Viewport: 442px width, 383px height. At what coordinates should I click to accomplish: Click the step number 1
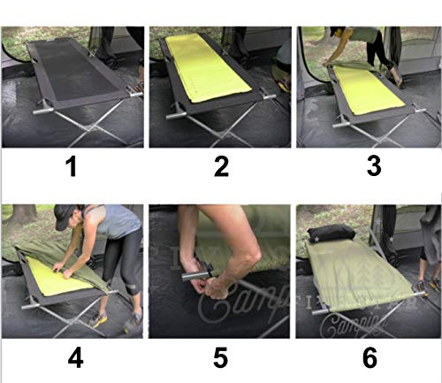pos(72,166)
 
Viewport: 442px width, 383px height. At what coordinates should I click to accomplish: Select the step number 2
pos(221,166)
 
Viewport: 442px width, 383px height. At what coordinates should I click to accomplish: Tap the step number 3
pos(370,166)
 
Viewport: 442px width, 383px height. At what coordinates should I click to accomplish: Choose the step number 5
pos(221,358)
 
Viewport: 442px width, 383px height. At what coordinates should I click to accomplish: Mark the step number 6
pos(370,358)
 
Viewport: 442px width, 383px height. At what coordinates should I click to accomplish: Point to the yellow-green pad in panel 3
pos(371,88)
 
